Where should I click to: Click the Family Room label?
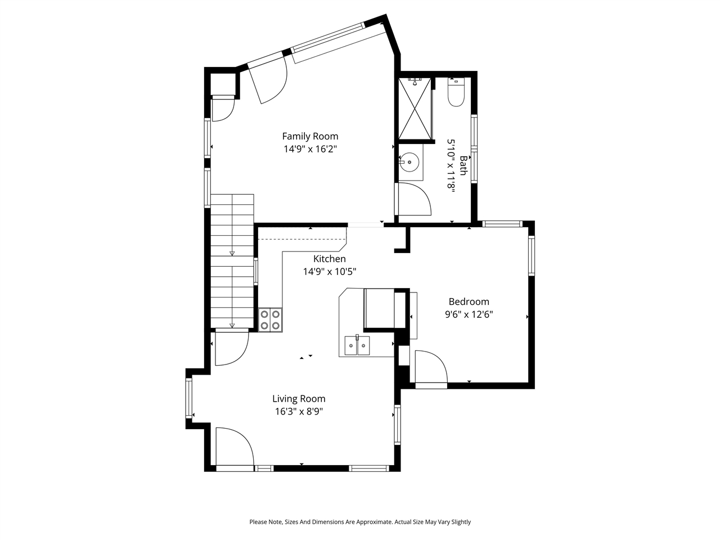coord(310,136)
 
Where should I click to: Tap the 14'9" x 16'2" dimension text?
coord(310,149)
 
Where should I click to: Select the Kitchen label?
coord(330,259)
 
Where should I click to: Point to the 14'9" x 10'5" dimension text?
coord(330,272)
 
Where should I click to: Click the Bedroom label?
coord(469,301)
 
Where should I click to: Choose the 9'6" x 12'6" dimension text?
coord(469,314)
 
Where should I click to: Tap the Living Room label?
coord(299,399)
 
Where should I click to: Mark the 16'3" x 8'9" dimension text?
coord(299,411)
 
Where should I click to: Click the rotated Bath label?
coord(463,165)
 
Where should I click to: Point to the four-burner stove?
coord(271,320)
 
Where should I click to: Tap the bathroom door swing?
coord(413,199)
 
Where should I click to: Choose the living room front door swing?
coord(234,445)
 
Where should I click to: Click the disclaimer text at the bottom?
coord(360,522)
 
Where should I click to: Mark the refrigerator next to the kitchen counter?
coord(380,308)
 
